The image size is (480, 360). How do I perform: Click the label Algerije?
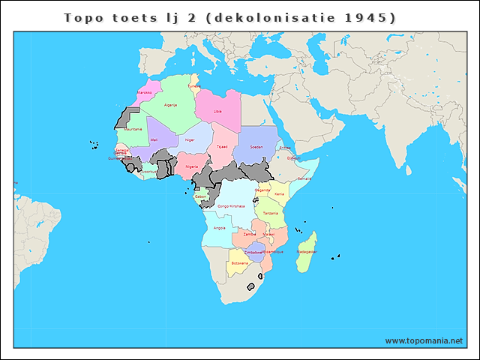coord(170,105)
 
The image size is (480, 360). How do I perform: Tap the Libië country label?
coord(217,111)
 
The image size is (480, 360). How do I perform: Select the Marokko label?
coord(145,93)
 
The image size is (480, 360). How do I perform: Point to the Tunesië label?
coord(194,86)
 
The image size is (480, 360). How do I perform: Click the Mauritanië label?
coord(133,129)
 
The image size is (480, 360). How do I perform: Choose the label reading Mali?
coord(154,140)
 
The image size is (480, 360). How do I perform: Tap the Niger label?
coord(190,139)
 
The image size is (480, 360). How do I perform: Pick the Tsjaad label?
coord(221,147)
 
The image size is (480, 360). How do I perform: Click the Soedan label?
coord(256,147)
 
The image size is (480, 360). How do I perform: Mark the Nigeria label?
coord(192,166)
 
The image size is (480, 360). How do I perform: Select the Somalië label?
coord(304,178)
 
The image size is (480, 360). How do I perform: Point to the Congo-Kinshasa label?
coord(231,205)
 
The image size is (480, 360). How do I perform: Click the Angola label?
coord(220,227)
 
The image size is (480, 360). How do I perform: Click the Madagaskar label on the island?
coord(306,252)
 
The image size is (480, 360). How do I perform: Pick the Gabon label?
coord(200,196)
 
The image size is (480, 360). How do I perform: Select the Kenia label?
coord(279,194)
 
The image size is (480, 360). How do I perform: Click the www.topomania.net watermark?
coord(424,340)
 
